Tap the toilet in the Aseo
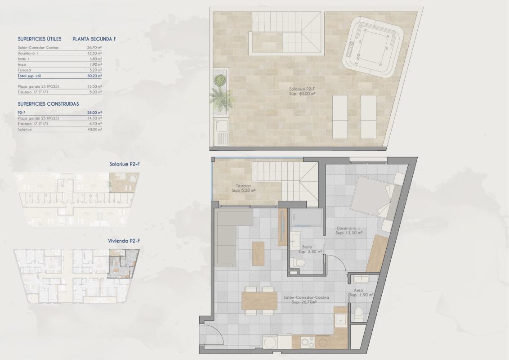pos(359,314)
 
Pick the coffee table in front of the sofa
pos(258,253)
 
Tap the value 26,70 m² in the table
pos(94,47)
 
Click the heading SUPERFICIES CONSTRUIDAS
pos(48,103)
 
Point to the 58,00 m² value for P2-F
pos(94,112)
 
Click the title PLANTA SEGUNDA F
pos(94,39)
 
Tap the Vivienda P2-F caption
pos(124,241)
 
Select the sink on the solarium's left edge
pos(222,131)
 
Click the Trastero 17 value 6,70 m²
pos(94,124)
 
